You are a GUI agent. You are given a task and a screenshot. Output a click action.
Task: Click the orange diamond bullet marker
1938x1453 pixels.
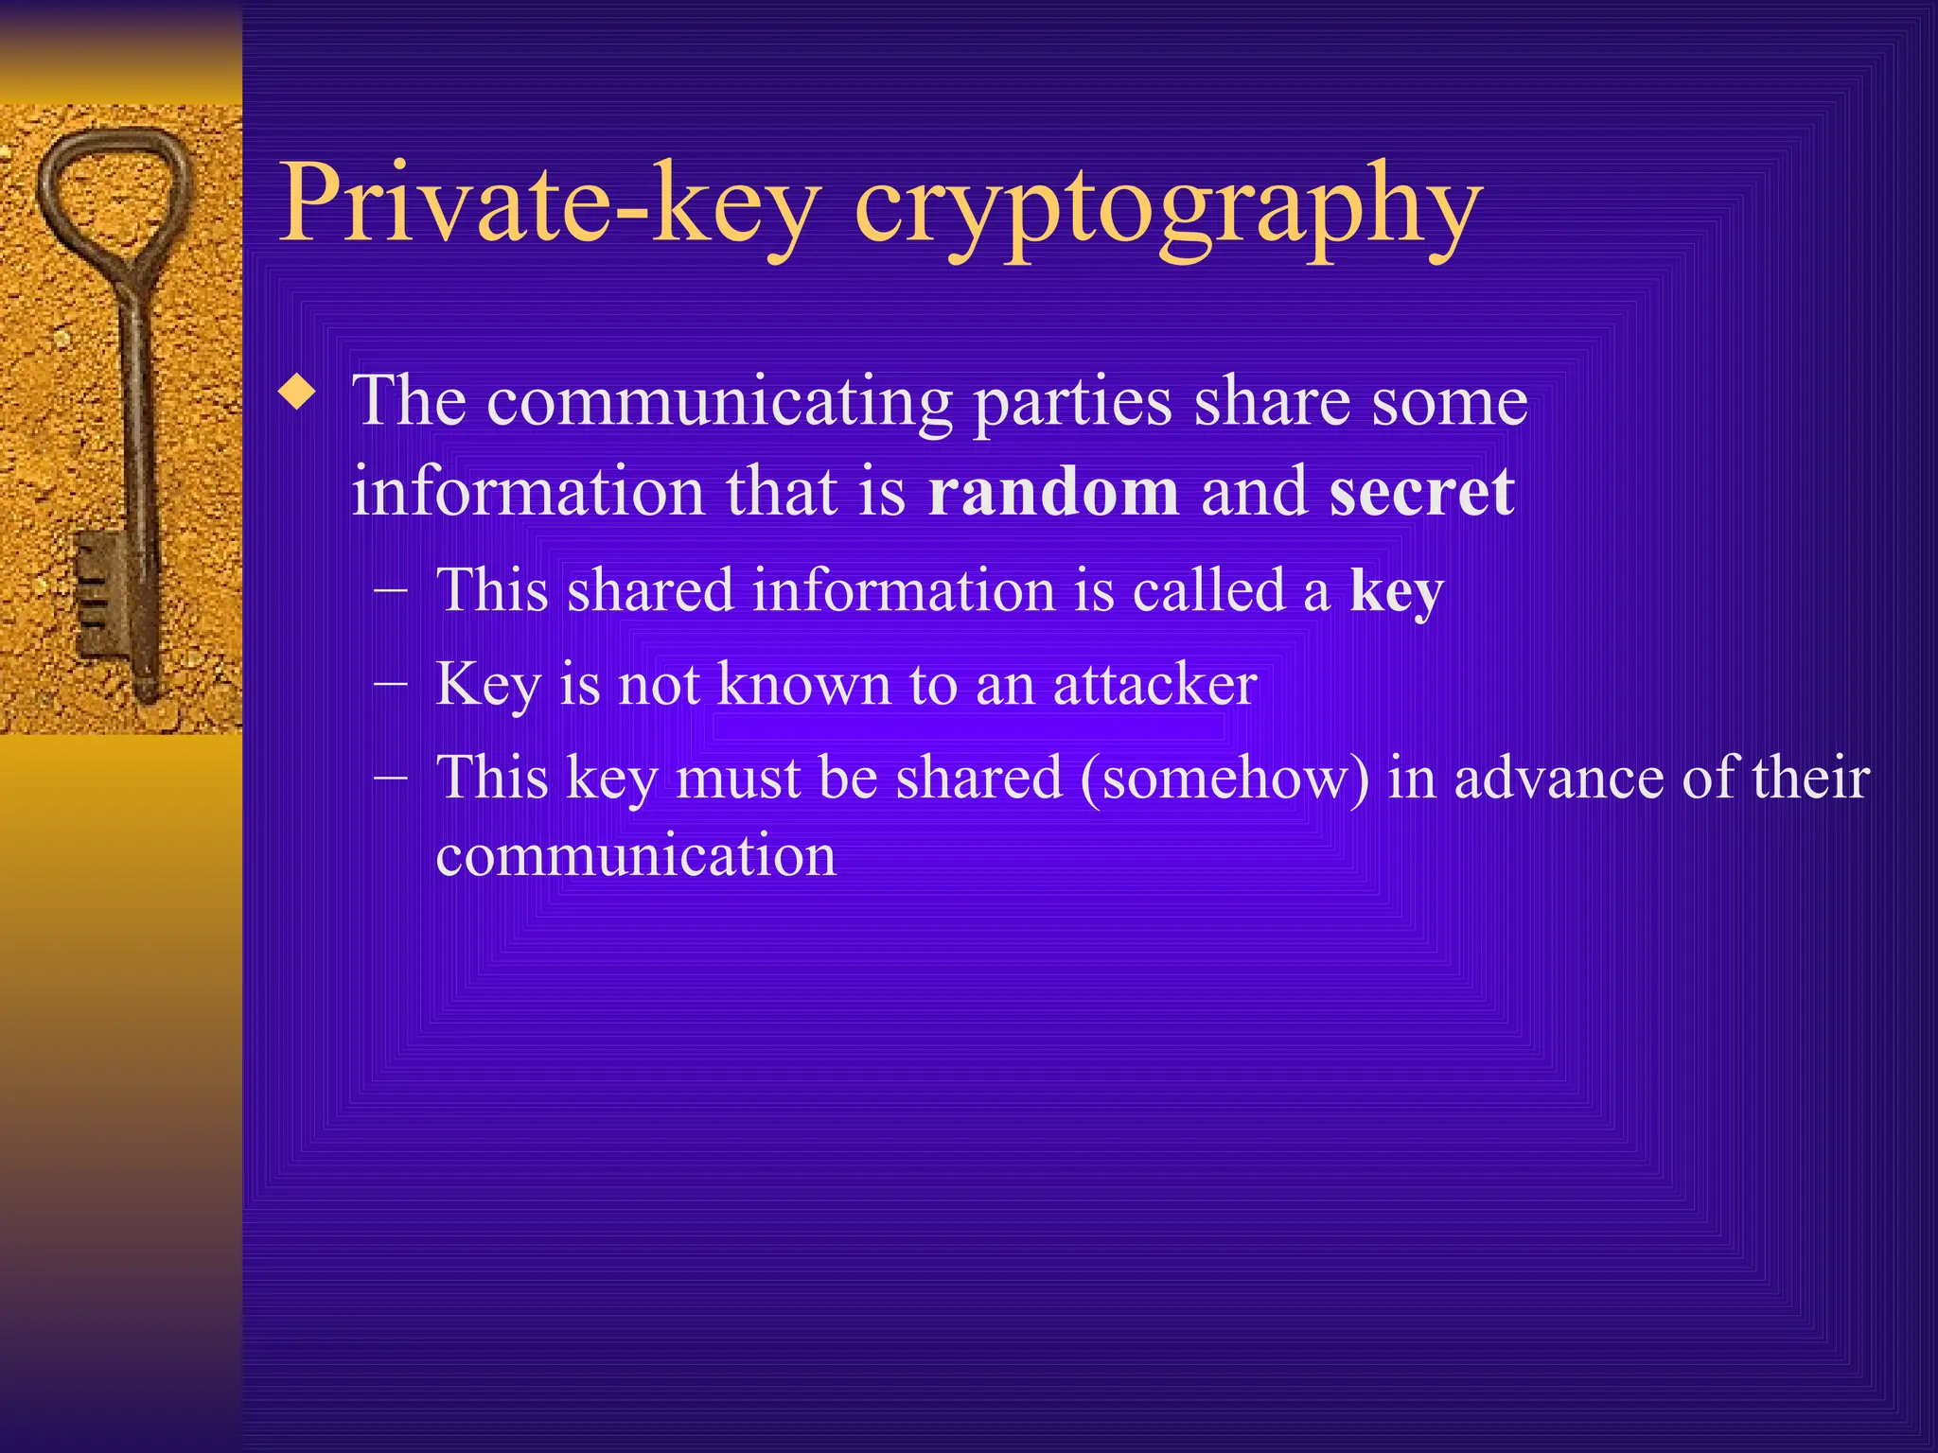pos(298,393)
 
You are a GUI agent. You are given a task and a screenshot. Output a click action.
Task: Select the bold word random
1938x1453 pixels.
pos(1053,491)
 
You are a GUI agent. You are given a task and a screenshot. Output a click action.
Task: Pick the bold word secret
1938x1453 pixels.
pos(1421,491)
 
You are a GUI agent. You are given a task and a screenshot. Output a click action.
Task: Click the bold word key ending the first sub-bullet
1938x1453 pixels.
pos(1397,592)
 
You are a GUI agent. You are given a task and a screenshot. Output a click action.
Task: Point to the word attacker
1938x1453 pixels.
pos(1154,683)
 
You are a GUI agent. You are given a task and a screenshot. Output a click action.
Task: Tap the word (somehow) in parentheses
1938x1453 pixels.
pos(1224,778)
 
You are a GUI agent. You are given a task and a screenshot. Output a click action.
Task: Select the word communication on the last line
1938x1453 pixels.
pos(636,855)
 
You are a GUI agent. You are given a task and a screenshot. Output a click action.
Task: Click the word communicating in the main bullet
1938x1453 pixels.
pos(719,401)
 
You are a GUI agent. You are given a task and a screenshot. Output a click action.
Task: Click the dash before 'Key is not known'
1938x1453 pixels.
pos(391,684)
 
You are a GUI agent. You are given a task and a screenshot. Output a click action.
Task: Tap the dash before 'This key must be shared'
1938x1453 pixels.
pos(391,778)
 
